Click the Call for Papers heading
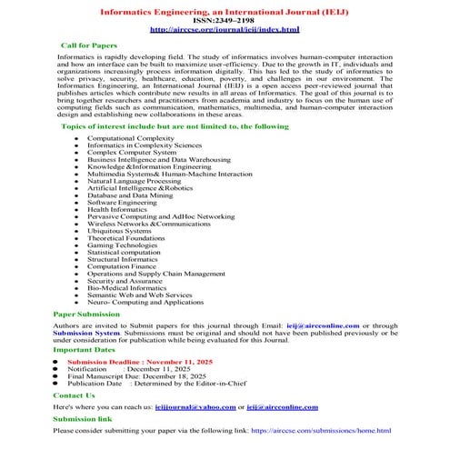88,44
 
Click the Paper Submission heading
86,314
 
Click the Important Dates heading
85,349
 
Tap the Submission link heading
83,419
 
